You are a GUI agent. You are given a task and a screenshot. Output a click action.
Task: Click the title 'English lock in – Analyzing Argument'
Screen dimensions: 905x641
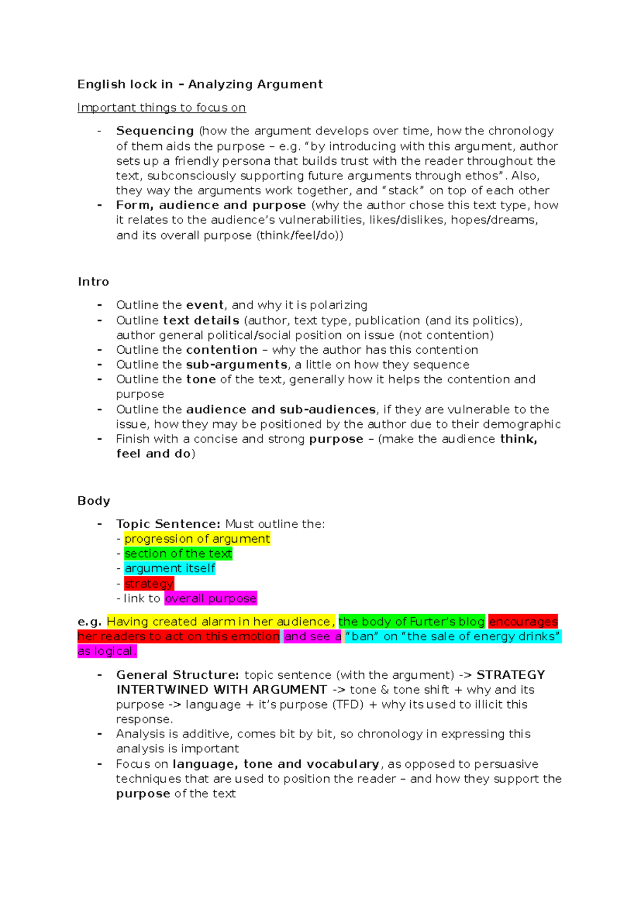(200, 84)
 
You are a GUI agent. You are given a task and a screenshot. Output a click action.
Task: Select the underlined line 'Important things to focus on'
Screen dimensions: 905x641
(161, 108)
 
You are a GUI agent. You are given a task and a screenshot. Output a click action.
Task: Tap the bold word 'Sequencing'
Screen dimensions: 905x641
(155, 131)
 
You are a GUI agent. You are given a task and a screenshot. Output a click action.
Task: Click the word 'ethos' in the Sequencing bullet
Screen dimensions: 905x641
(483, 176)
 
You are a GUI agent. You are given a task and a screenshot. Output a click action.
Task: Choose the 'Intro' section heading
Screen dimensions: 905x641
(93, 282)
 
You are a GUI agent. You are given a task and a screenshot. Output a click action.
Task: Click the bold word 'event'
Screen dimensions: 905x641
(205, 305)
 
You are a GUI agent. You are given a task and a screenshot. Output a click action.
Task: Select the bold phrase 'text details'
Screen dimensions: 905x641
(201, 320)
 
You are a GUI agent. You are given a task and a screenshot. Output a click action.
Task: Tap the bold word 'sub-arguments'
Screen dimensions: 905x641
(237, 364)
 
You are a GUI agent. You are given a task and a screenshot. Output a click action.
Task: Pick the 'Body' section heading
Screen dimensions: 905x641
(93, 501)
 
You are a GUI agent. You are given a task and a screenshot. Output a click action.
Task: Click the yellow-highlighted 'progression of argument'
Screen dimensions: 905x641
(197, 539)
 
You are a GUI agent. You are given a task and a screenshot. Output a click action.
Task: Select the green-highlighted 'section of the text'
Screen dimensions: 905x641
(178, 554)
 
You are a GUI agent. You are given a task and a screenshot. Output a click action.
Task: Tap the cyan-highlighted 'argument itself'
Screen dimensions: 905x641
(170, 568)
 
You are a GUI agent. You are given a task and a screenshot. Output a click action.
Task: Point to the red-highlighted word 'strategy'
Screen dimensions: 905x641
(149, 584)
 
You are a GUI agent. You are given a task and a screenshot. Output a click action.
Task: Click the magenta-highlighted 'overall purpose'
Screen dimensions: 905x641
(210, 599)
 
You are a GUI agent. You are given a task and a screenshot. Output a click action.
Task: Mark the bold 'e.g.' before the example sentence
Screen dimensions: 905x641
(89, 622)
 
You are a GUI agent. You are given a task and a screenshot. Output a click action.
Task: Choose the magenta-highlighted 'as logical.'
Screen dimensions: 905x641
(107, 652)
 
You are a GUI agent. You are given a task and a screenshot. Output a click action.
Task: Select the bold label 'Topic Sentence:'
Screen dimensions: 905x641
(168, 524)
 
